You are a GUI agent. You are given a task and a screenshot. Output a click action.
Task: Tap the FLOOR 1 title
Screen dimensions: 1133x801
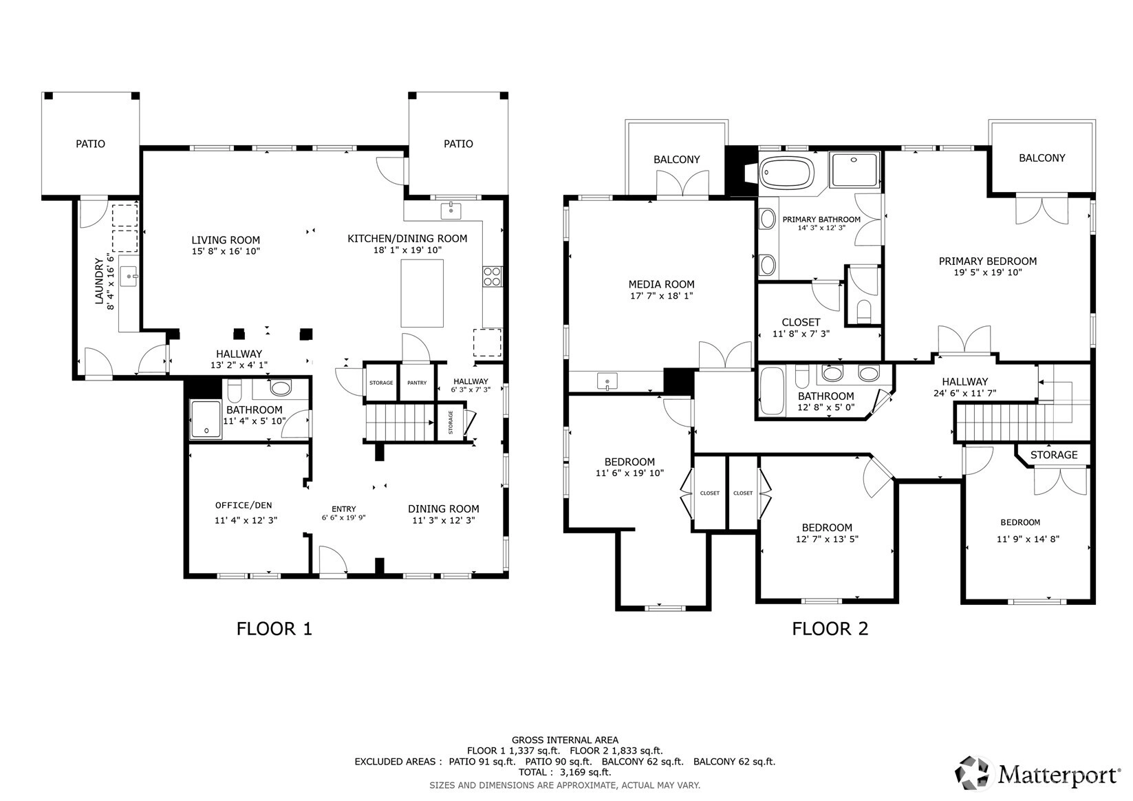[x=274, y=629]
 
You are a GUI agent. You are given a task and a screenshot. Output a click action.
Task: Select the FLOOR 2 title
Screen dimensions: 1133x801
[x=830, y=629]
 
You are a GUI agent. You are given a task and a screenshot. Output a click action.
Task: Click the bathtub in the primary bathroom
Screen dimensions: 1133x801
[x=787, y=173]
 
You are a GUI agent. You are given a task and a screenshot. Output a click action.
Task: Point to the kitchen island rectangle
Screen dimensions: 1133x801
[x=422, y=293]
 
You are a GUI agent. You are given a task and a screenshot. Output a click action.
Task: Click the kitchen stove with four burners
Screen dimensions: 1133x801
[x=492, y=277]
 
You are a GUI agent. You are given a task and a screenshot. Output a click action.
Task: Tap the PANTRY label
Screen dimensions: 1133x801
[x=417, y=383]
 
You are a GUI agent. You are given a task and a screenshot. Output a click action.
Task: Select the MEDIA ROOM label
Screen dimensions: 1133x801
[x=661, y=284]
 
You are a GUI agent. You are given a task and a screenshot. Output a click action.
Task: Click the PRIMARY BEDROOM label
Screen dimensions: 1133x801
[x=988, y=261]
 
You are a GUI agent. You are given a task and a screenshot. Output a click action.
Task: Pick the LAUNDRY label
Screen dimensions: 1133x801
[x=99, y=281]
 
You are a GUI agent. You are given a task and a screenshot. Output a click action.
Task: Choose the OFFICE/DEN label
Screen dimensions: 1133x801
[x=244, y=505]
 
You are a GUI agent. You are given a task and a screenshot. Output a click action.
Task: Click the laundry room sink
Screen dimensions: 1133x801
[x=129, y=276]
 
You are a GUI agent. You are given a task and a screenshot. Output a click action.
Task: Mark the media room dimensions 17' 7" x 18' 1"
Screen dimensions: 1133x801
[x=661, y=296]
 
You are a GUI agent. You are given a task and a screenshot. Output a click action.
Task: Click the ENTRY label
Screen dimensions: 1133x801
[x=344, y=509]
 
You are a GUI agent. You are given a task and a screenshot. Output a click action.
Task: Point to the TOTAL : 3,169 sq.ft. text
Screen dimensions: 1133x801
[x=565, y=772]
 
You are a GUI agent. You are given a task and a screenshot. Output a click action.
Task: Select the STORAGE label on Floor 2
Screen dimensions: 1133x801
[x=1054, y=455]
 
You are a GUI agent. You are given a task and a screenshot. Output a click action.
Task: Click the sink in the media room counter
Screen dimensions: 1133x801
[x=607, y=380]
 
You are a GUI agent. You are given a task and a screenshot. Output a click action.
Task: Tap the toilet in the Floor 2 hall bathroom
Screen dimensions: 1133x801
[x=802, y=376]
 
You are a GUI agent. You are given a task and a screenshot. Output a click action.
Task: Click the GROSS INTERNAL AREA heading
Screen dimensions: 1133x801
[x=565, y=740]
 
